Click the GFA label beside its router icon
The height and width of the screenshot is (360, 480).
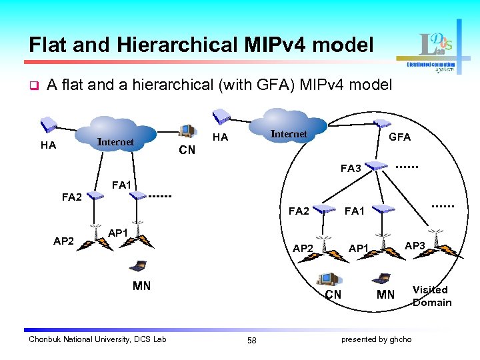(x=399, y=137)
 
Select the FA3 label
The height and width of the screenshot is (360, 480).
(x=351, y=169)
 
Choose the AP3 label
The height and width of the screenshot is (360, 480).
(x=415, y=246)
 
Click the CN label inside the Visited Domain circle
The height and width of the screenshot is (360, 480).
(x=333, y=295)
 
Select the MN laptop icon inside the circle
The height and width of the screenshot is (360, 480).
(x=384, y=279)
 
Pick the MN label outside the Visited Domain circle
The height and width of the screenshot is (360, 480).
(x=141, y=286)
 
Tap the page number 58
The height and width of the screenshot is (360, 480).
(x=251, y=341)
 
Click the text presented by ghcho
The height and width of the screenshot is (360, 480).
(x=376, y=340)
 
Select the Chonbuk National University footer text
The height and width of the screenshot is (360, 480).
(x=97, y=340)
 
